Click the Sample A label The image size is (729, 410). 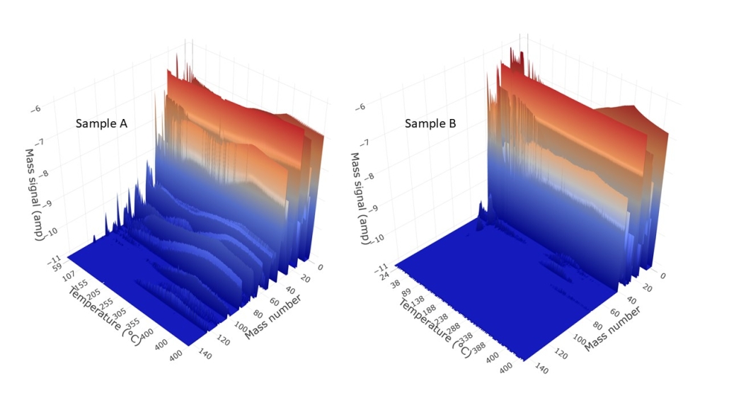102,124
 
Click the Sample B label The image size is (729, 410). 430,124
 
